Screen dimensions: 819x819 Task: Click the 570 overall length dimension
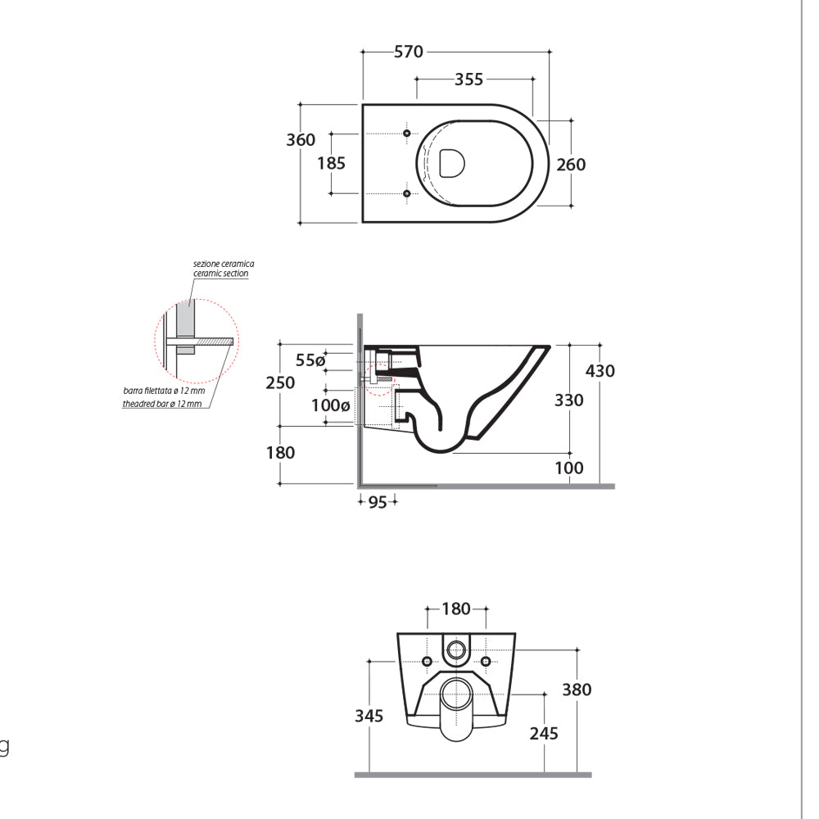(x=409, y=52)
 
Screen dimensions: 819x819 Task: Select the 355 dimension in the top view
(x=468, y=79)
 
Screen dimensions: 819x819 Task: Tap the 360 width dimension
(x=301, y=140)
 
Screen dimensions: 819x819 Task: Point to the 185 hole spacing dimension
(x=331, y=163)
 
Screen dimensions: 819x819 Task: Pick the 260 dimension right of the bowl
(x=571, y=165)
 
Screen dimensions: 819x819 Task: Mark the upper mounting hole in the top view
(x=407, y=133)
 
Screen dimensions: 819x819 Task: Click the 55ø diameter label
(x=310, y=360)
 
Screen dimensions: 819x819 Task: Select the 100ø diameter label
(x=330, y=405)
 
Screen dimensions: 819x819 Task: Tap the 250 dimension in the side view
(x=280, y=382)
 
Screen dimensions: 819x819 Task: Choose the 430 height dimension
(x=600, y=371)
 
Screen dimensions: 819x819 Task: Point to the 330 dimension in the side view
(x=568, y=400)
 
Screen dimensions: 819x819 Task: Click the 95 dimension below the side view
(x=377, y=502)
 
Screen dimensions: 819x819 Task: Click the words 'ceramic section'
(x=221, y=274)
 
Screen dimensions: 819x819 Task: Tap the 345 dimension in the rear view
(x=369, y=716)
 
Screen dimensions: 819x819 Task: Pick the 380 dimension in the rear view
(x=576, y=690)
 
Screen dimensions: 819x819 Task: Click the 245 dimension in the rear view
(x=543, y=733)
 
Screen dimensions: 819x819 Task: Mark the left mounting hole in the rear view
(x=427, y=661)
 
